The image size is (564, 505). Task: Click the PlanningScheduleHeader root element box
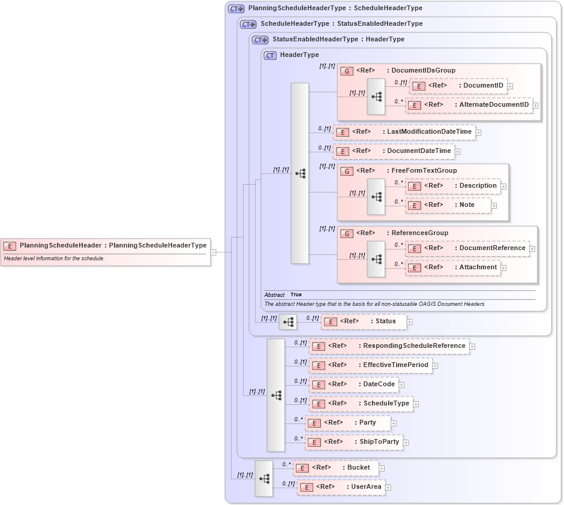tap(106, 245)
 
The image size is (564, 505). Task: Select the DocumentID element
tap(458, 86)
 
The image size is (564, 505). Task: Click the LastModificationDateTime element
tap(404, 132)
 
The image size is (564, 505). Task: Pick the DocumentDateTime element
tap(394, 151)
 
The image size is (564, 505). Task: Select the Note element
tap(448, 205)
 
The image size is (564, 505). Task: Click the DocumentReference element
tap(467, 248)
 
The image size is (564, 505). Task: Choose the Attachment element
tap(453, 267)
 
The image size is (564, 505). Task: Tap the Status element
tap(364, 321)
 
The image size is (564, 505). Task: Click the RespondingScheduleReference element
tap(389, 346)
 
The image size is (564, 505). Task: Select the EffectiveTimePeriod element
tap(370, 365)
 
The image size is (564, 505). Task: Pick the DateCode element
tap(353, 384)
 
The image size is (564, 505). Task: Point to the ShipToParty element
tap(354, 442)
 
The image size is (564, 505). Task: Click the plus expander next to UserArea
tap(389, 488)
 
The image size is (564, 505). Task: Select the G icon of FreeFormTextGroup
tap(347, 171)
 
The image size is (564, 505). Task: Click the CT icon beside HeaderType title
tap(270, 55)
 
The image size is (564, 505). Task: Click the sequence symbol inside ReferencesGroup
tap(376, 259)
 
